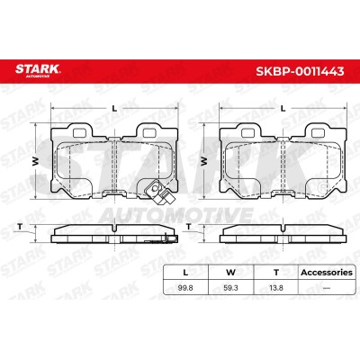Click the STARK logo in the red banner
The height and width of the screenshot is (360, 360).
tap(38, 70)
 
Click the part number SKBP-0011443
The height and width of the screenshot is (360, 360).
tap(300, 71)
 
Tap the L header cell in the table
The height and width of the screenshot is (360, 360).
tap(185, 273)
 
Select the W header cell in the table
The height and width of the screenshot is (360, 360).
tap(230, 273)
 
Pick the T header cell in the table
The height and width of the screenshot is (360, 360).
tap(276, 273)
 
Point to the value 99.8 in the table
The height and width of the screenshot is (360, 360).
tap(185, 288)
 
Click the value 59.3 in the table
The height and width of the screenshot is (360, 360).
tap(230, 288)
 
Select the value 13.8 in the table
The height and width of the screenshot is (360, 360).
tap(276, 288)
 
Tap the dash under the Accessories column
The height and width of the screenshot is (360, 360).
tap(327, 288)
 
